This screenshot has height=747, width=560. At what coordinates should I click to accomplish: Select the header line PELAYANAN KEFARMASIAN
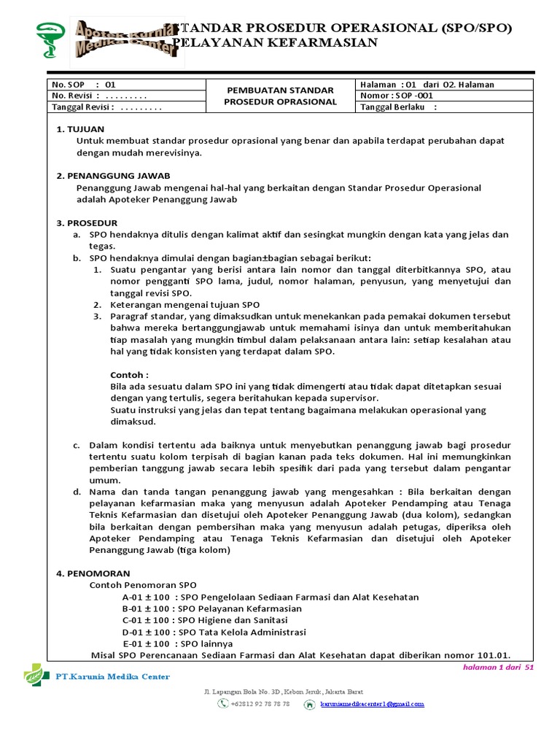(x=279, y=43)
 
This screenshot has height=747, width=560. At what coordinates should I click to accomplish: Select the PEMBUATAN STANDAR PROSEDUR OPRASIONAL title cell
(x=280, y=96)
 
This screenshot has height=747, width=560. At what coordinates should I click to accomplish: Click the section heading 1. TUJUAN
(x=81, y=128)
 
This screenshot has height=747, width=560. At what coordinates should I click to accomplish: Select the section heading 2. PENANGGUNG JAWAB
(x=113, y=176)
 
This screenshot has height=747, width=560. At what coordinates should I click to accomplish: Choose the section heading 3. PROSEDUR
(x=87, y=222)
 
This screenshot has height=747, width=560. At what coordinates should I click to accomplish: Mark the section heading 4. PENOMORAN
(x=93, y=573)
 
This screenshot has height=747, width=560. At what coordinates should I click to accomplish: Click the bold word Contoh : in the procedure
(x=129, y=374)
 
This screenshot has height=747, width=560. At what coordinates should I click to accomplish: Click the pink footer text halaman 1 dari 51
(x=499, y=667)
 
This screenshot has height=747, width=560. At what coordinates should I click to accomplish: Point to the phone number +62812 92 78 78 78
(x=260, y=704)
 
